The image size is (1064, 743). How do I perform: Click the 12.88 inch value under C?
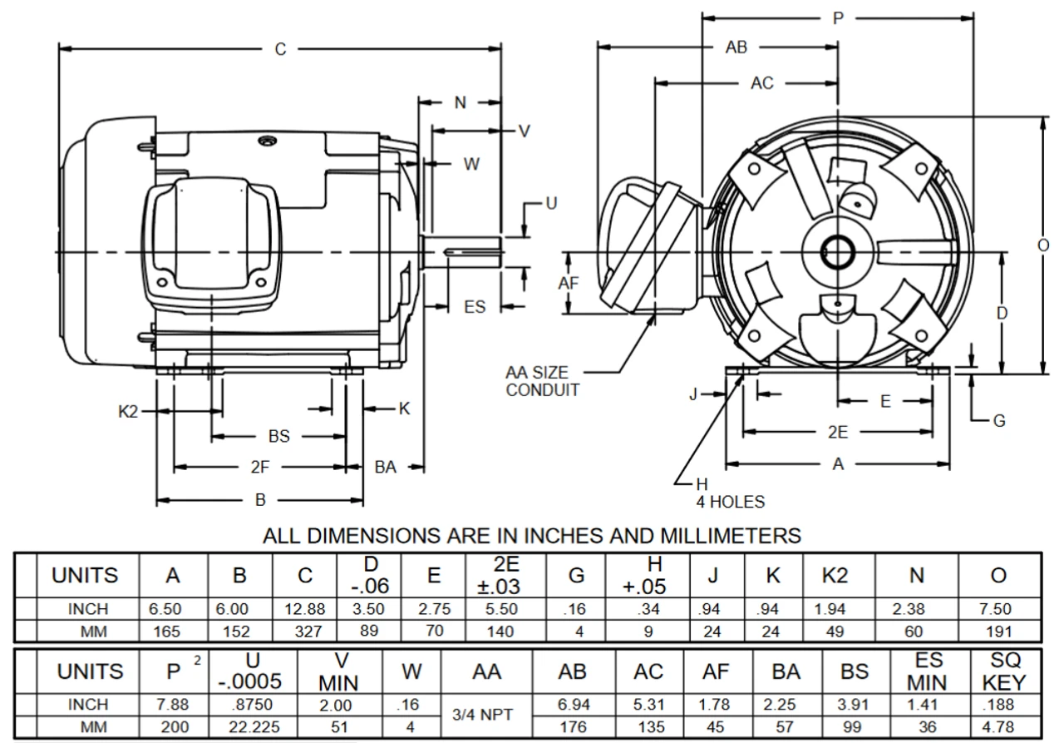pos(305,609)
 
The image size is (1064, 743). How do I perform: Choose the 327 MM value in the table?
pos(305,631)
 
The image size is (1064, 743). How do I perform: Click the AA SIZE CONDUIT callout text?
pos(543,382)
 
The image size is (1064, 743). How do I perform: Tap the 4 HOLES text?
pos(730,502)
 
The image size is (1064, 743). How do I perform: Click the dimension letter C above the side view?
pos(281,49)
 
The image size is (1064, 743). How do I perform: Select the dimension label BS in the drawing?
pos(279,436)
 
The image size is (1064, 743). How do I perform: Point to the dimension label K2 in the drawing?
pos(127,410)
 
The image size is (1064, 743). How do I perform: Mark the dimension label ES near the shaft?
pos(475,307)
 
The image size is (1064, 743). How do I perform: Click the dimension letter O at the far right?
pos(1043,245)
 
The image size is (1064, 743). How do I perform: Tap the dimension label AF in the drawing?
pos(569,283)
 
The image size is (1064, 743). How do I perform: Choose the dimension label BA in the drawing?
pos(386,468)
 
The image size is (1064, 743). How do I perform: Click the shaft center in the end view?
pos(835,251)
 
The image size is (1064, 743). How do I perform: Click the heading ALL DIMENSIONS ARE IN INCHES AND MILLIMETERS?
pos(532,535)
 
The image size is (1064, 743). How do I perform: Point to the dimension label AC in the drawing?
pos(761,83)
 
